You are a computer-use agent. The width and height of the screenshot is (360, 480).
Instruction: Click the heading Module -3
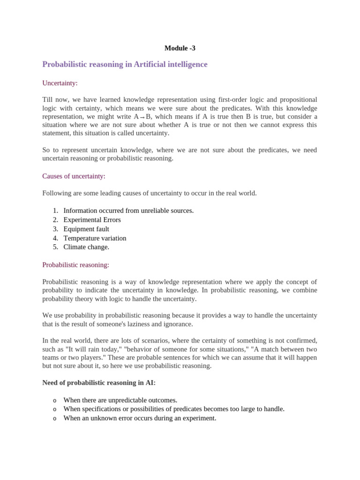(180, 48)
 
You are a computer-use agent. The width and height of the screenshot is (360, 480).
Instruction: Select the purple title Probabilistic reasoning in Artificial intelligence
(125, 64)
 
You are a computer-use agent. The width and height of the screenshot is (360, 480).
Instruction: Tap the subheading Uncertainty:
(60, 83)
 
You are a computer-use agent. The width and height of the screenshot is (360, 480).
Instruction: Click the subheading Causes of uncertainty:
(74, 176)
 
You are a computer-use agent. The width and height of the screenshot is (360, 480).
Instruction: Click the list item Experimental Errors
(92, 220)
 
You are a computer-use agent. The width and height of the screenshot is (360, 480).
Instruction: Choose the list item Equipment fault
(86, 229)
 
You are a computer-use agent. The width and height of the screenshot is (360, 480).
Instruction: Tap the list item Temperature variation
(95, 238)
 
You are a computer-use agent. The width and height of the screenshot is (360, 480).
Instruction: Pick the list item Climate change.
(86, 247)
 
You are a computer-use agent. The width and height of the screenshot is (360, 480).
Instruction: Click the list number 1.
(55, 211)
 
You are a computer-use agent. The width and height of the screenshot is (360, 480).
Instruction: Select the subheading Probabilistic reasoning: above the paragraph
(75, 265)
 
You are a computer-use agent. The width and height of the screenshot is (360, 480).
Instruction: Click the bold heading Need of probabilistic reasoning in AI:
(99, 383)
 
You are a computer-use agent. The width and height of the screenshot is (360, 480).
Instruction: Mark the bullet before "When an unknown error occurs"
(55, 419)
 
